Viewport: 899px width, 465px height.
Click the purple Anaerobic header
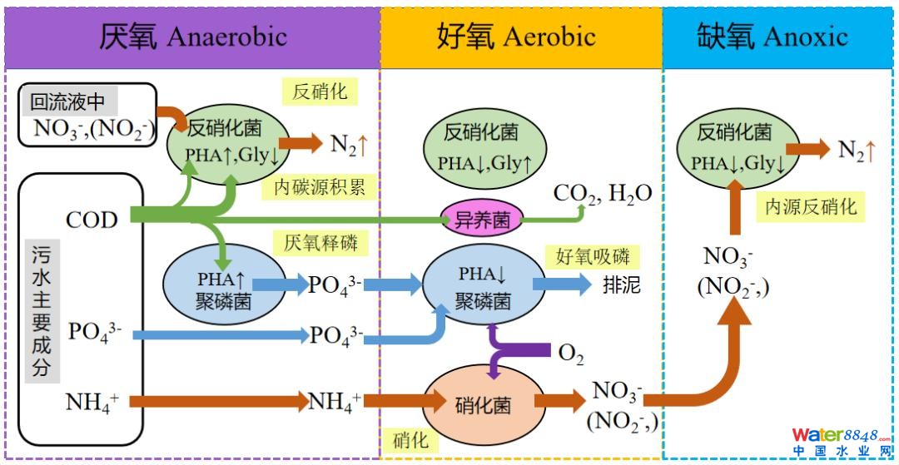pos(192,37)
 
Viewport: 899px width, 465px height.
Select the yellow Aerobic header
pos(521,37)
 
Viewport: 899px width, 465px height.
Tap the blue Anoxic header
pos(780,37)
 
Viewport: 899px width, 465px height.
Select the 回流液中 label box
pos(69,102)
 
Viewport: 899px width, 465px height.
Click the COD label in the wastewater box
pos(92,219)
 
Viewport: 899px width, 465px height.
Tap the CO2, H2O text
pos(603,194)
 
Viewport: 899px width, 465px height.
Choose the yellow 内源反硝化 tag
pos(811,205)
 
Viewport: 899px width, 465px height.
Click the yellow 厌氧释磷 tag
pos(320,243)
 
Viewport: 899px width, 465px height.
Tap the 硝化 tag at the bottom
pos(410,438)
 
